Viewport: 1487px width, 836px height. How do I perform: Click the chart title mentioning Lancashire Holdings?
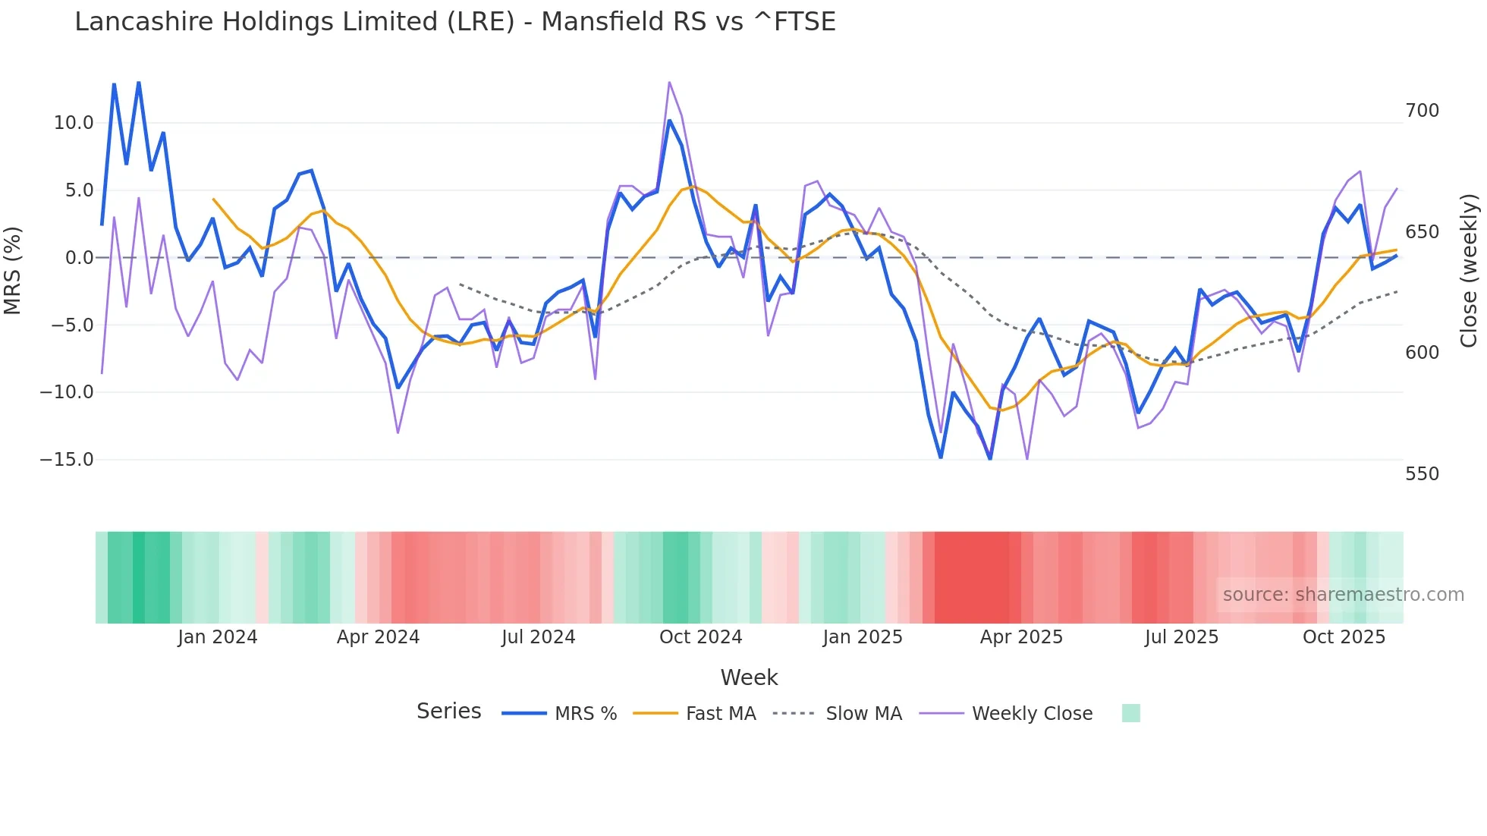click(455, 21)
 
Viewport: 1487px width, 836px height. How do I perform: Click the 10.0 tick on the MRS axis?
click(74, 123)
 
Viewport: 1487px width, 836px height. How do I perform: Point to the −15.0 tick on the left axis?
click(67, 460)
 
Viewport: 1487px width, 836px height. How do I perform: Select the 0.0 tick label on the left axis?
click(79, 258)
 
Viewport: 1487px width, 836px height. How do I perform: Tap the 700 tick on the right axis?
click(1422, 111)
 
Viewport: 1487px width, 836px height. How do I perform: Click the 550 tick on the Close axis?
click(1422, 474)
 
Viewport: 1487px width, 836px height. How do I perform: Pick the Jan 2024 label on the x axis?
click(218, 637)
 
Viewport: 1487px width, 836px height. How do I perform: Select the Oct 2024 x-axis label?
click(700, 637)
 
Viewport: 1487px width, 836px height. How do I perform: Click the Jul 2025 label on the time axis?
click(1181, 637)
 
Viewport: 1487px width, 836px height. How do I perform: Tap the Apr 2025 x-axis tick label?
click(1021, 637)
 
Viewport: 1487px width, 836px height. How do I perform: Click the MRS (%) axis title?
click(13, 270)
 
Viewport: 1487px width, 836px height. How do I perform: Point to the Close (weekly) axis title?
click(1470, 270)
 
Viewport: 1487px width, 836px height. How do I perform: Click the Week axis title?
click(749, 677)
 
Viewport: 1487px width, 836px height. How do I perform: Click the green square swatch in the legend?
click(1130, 713)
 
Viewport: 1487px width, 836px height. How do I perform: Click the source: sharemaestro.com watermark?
click(1343, 595)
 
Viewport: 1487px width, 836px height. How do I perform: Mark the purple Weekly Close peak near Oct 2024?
click(669, 82)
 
